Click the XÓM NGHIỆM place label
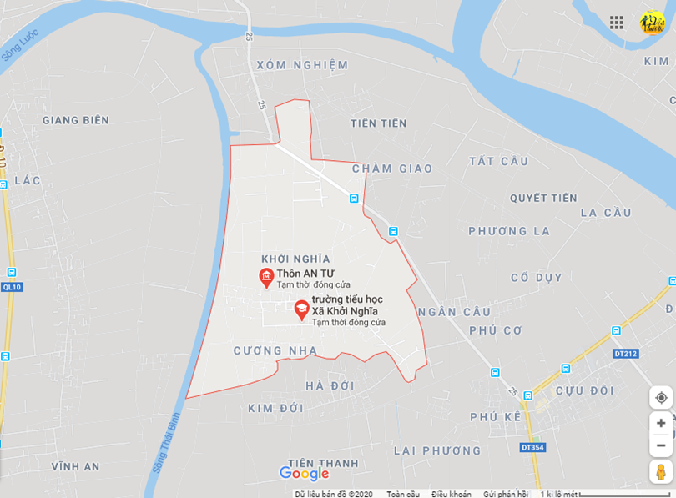pos(301,65)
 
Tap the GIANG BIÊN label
pos(75,120)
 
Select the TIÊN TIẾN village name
pos(378,123)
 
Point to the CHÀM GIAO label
pos(392,169)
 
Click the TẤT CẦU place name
pos(498,161)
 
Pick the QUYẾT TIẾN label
pos(543,199)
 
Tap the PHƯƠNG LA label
pos(509,231)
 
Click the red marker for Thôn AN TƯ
pos(266,277)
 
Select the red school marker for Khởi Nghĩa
pos(300,309)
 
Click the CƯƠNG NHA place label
pos(275,351)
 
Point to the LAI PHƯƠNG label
pos(436,450)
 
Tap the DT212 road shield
pos(625,354)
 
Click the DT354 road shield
pos(532,448)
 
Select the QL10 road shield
pos(11,287)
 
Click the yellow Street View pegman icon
pos(661,470)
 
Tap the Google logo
pos(304,474)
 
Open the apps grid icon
pos(617,23)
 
